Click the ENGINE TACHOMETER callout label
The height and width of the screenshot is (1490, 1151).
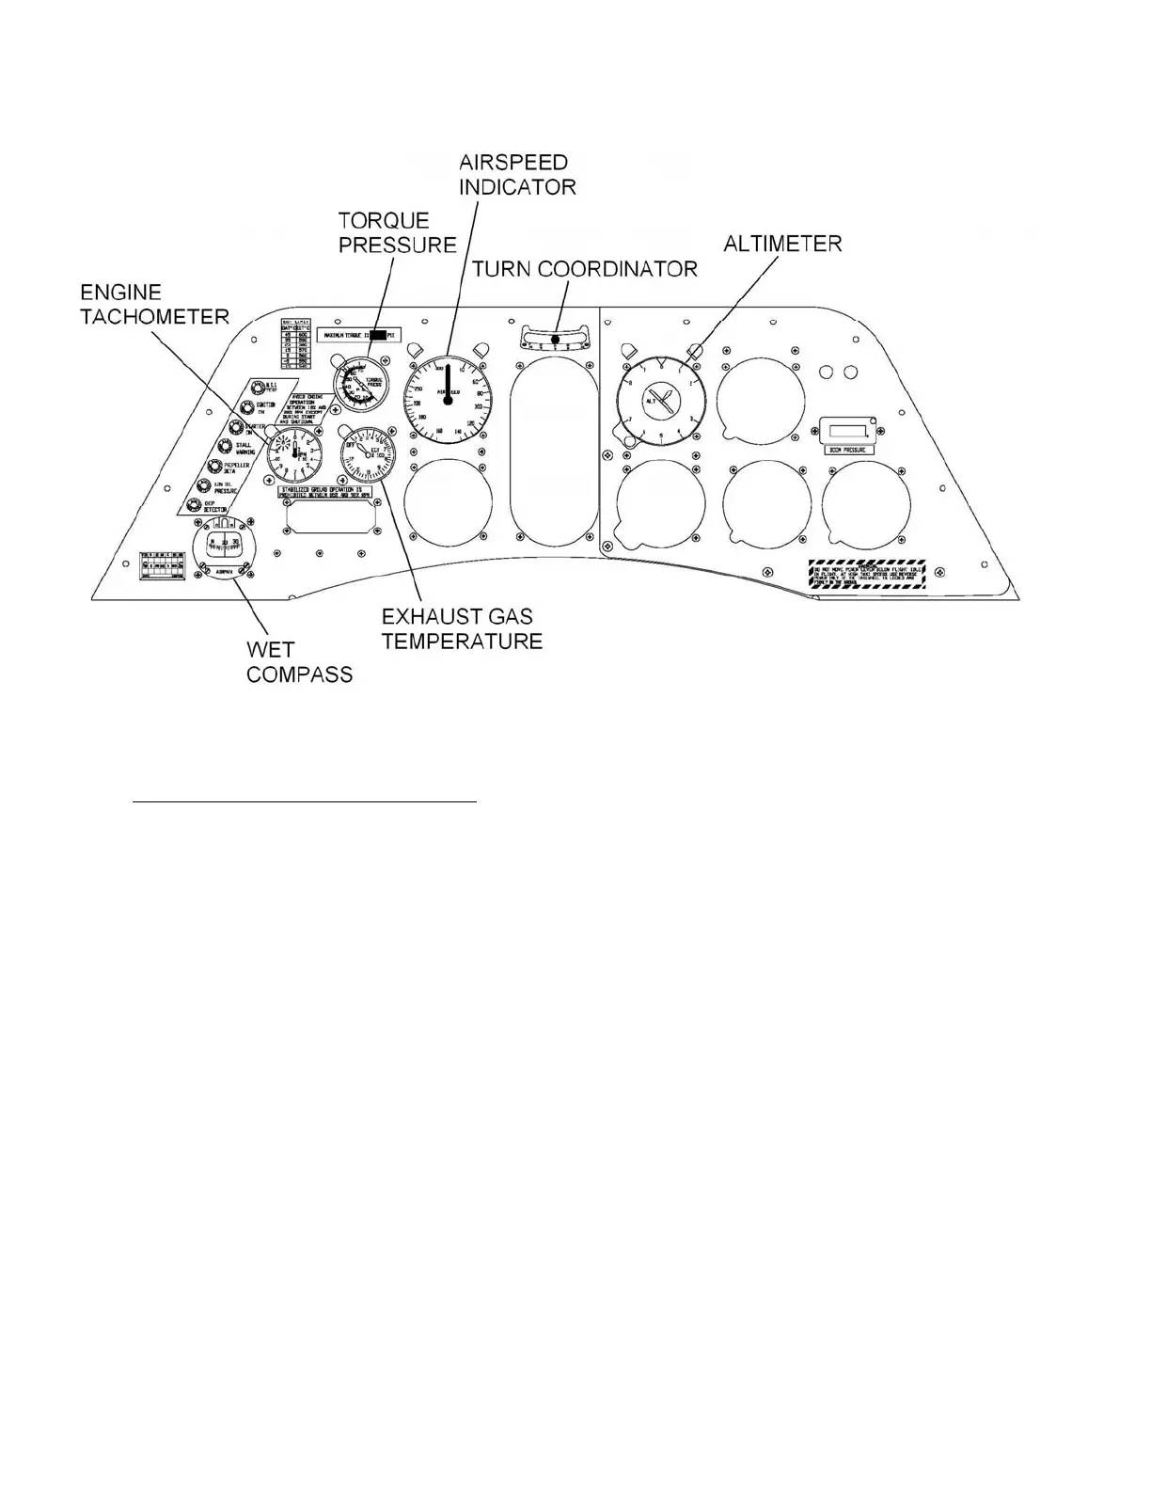pos(154,304)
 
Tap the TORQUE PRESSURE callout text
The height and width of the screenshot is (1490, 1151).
pos(397,232)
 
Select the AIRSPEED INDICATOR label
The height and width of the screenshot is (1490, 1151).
pos(516,174)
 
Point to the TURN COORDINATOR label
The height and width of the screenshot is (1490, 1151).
pos(584,269)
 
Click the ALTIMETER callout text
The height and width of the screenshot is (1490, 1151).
pos(781,244)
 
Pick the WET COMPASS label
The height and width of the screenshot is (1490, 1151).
pos(299,661)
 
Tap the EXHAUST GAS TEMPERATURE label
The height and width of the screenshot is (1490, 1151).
pos(462,628)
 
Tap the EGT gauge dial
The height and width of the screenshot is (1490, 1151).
pos(368,452)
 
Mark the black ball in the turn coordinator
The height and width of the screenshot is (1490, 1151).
pos(556,340)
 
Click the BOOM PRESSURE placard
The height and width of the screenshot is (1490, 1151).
pos(847,450)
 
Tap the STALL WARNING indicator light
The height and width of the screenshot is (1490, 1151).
pos(226,446)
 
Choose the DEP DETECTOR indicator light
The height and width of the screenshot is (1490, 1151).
pos(197,505)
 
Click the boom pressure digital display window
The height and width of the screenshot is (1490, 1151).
pos(847,432)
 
